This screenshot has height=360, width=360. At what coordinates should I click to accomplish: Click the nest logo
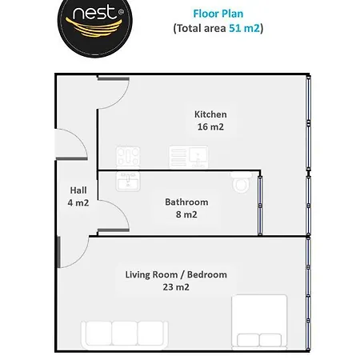(x=95, y=26)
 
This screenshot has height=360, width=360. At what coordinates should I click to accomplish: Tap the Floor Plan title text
(x=218, y=14)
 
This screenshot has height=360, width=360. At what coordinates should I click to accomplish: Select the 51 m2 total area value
(x=244, y=28)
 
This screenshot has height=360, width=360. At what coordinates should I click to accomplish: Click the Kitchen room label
(x=210, y=114)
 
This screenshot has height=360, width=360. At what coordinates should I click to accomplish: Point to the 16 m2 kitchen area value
(x=210, y=126)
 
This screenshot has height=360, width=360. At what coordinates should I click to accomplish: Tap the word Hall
(x=78, y=190)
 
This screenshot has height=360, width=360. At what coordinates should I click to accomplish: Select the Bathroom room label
(x=186, y=202)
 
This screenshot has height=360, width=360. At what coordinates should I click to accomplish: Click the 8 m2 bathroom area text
(x=186, y=214)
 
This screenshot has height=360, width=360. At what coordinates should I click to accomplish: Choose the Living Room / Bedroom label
(x=176, y=274)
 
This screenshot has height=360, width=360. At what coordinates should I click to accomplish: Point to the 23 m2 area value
(x=176, y=287)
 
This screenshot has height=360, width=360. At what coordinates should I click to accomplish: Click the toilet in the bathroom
(x=242, y=182)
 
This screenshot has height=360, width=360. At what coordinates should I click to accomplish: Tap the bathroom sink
(x=128, y=181)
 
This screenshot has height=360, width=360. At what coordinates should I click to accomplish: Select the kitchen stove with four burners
(x=128, y=157)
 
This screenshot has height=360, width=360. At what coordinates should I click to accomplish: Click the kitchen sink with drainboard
(x=189, y=157)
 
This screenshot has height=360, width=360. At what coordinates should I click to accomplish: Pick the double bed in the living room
(x=259, y=322)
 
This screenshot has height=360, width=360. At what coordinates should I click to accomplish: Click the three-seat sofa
(x=125, y=335)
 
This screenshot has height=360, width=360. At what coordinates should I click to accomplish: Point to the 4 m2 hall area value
(x=78, y=202)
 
